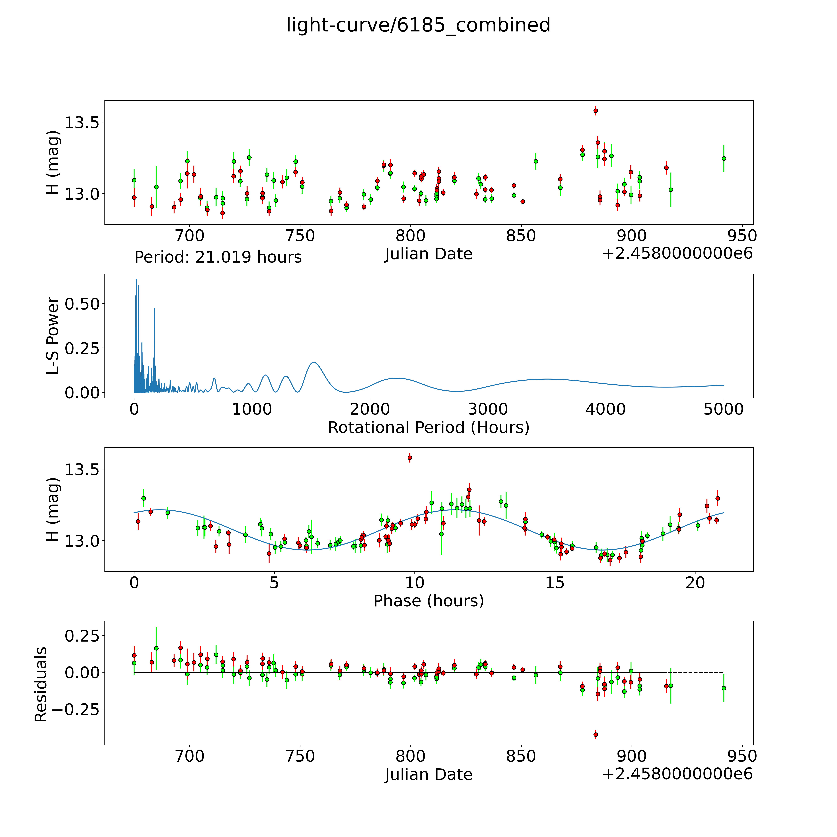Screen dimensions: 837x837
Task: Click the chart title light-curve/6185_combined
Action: [x=418, y=25]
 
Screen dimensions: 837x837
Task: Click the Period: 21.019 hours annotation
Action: [x=218, y=257]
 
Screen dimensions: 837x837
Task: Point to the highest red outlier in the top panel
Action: [x=596, y=111]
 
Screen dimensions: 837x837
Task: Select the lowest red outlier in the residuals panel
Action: [x=596, y=734]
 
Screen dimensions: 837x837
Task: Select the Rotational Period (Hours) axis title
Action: [x=428, y=428]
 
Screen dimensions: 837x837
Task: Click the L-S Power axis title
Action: [x=53, y=336]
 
